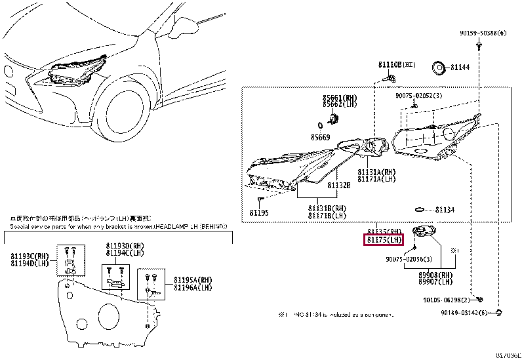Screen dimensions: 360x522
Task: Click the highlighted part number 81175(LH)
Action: [384, 241]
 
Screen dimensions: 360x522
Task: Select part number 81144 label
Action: [461, 67]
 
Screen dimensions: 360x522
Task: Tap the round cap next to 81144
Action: [437, 67]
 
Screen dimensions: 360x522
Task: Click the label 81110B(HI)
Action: [397, 66]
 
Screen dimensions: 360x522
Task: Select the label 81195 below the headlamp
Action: [259, 212]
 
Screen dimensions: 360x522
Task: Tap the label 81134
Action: [445, 210]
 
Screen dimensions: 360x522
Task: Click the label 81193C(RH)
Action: [30, 256]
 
